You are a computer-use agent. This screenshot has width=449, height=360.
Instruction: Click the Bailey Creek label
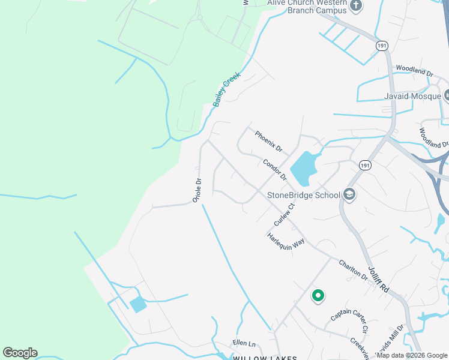pyautogui.click(x=226, y=89)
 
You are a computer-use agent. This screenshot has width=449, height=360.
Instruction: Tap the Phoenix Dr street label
pyautogui.click(x=268, y=142)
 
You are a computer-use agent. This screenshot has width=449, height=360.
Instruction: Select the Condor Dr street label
pyautogui.click(x=274, y=170)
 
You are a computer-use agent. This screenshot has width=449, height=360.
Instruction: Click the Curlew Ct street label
pyautogui.click(x=285, y=214)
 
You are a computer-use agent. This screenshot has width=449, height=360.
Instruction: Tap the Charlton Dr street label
pyautogui.click(x=352, y=270)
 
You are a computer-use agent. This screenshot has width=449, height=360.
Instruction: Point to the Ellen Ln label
pyautogui.click(x=244, y=344)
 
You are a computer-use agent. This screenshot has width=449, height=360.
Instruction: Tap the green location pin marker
pyautogui.click(x=318, y=295)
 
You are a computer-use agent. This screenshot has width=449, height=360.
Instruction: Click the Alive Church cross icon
pyautogui.click(x=356, y=7)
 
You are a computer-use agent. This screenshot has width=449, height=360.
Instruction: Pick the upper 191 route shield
pyautogui.click(x=382, y=46)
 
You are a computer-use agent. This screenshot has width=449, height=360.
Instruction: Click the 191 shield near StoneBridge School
pyautogui.click(x=364, y=165)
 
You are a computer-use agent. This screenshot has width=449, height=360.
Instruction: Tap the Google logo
pyautogui.click(x=20, y=353)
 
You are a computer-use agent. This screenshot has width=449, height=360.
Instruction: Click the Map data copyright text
pyautogui.click(x=412, y=355)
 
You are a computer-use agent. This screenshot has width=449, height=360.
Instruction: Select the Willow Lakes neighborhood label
pyautogui.click(x=265, y=358)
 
